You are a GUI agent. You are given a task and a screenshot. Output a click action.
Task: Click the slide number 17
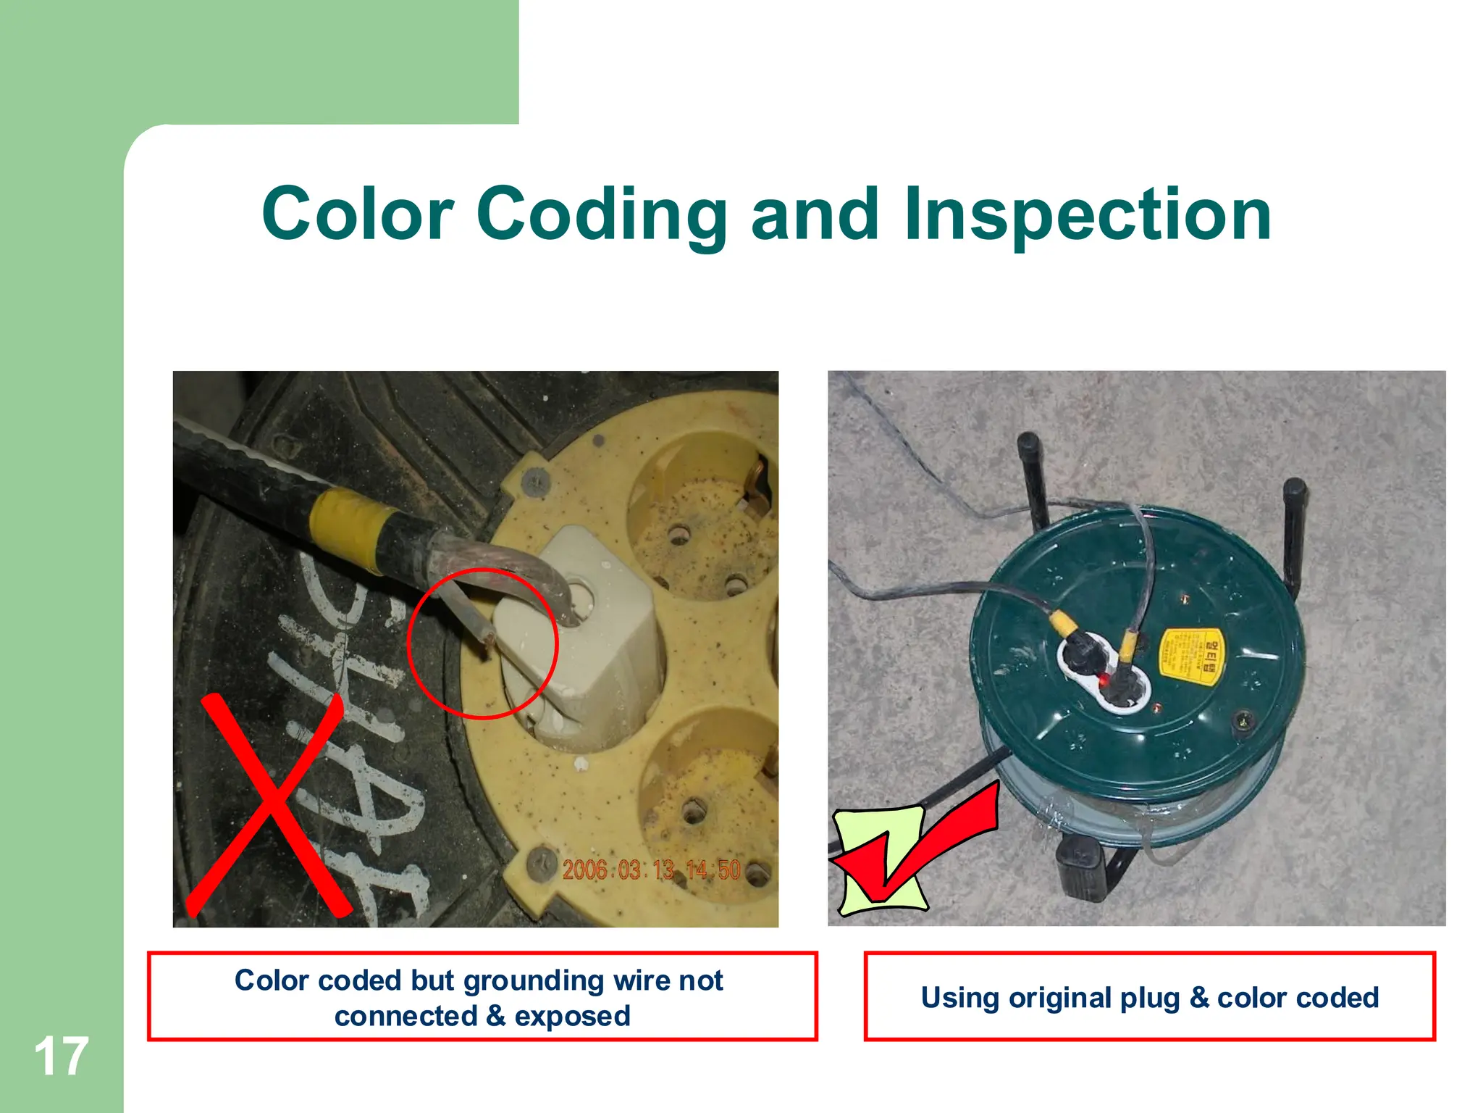[61, 1056]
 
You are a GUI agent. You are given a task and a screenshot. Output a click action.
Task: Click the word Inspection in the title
[1087, 214]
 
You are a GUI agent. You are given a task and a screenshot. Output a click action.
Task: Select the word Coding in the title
[602, 214]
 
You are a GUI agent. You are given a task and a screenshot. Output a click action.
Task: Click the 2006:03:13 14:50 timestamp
[651, 870]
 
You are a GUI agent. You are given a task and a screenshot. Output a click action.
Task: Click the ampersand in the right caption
[1199, 998]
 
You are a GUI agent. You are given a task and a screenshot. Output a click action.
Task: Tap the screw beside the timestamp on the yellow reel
[539, 862]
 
